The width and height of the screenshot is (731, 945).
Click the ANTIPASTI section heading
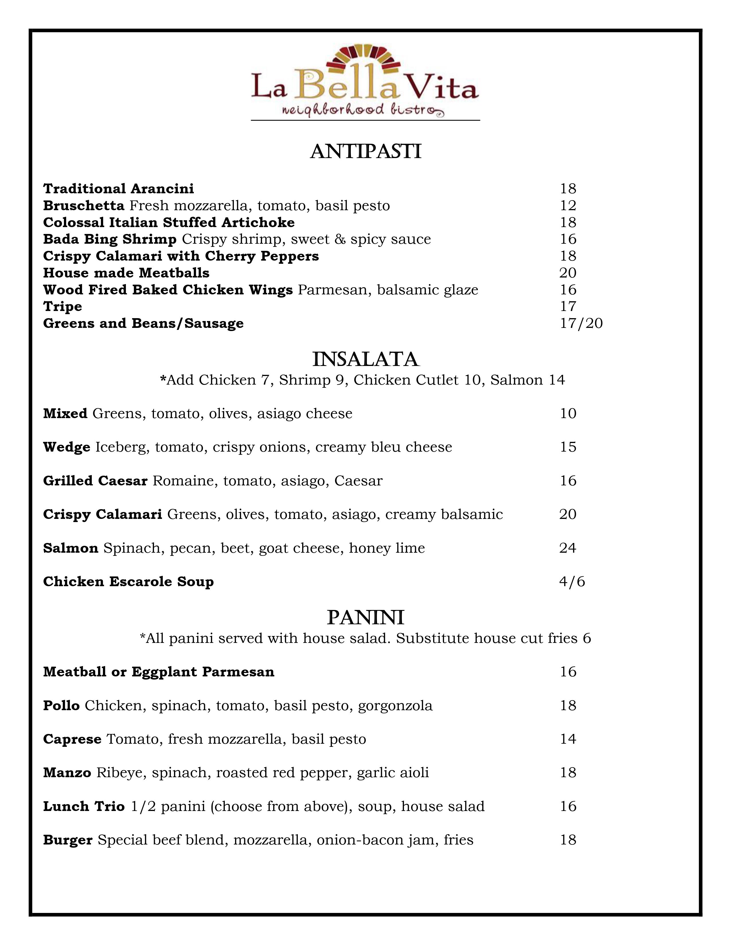[x=365, y=152]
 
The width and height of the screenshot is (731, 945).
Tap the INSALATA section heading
[x=365, y=360]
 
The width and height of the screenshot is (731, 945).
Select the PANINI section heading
[x=365, y=618]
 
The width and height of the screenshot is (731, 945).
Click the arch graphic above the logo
[x=365, y=59]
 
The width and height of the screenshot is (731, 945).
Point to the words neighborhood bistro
[x=363, y=110]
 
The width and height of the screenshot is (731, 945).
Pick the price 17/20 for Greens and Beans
[x=581, y=323]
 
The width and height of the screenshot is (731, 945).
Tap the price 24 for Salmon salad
[x=567, y=548]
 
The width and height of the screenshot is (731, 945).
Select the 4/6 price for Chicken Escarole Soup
[x=572, y=582]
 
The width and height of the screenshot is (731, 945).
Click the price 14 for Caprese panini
[x=568, y=739]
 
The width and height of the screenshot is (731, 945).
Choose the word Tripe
[x=62, y=306]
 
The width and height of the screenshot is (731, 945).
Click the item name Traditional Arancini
[x=118, y=189]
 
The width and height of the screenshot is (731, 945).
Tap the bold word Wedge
[x=67, y=447]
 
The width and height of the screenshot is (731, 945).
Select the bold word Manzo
[x=67, y=773]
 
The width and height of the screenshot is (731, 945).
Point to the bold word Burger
[x=68, y=840]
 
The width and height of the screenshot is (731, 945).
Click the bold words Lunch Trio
[x=84, y=806]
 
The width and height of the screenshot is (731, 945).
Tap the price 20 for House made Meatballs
[x=567, y=273]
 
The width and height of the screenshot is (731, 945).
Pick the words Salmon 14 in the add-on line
[x=527, y=380]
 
